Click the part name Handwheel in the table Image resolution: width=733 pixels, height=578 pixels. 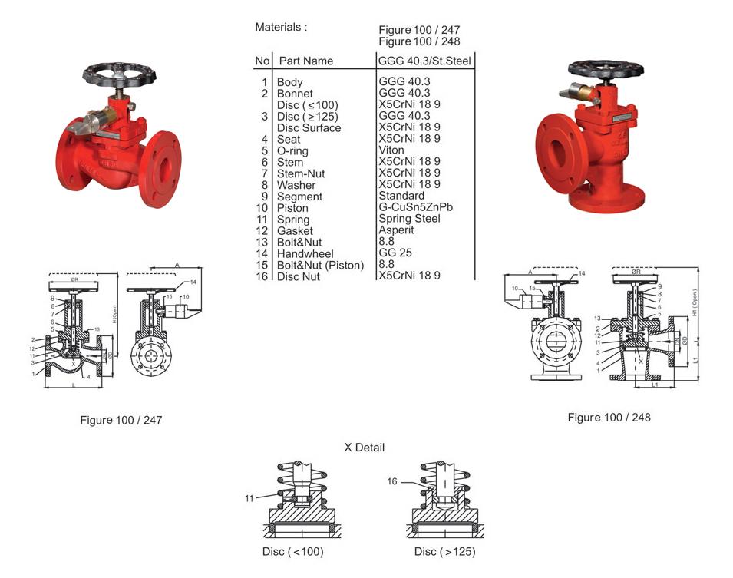click(305, 254)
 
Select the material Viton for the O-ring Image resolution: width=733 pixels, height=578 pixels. click(391, 150)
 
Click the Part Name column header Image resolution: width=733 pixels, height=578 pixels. click(306, 61)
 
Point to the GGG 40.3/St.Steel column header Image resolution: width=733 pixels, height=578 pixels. click(425, 61)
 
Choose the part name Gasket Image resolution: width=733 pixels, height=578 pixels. click(296, 231)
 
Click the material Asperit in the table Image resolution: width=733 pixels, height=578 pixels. click(396, 230)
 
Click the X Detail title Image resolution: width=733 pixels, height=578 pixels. click(365, 448)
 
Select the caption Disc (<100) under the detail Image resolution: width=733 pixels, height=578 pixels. click(293, 552)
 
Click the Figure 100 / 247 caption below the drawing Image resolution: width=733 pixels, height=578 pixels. click(121, 421)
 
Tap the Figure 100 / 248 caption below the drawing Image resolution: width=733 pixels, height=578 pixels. click(609, 418)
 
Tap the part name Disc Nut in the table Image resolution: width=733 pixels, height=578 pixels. click(299, 276)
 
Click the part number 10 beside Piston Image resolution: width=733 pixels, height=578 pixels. click(262, 208)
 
